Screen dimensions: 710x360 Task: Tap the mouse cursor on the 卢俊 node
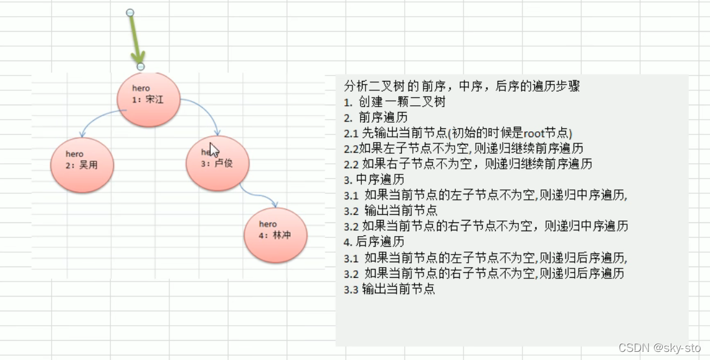(213, 150)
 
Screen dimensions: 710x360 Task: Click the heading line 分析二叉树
(463, 85)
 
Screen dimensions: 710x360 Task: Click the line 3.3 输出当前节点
(389, 289)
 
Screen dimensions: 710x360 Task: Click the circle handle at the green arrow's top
(130, 12)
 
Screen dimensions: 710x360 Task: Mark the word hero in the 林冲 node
(268, 224)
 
